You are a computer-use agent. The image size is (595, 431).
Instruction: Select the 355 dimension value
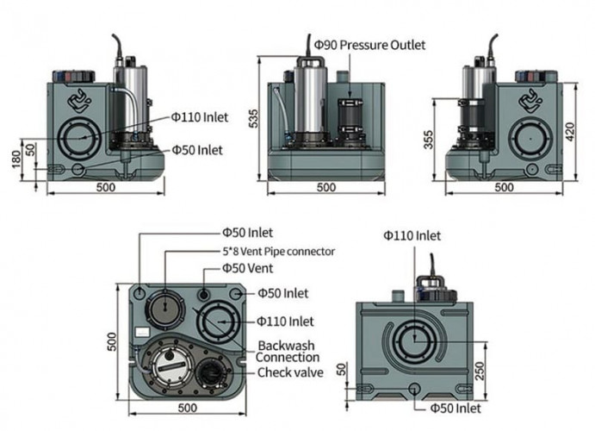coord(429,140)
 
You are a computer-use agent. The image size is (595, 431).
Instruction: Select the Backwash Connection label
coord(288,351)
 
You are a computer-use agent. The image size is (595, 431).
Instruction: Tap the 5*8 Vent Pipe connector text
coord(276,252)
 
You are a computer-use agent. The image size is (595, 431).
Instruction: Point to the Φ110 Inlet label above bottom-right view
coord(412,235)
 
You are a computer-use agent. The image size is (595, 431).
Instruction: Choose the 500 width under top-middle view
coord(326,187)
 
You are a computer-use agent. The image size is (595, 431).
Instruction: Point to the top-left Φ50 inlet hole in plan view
coord(141,292)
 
